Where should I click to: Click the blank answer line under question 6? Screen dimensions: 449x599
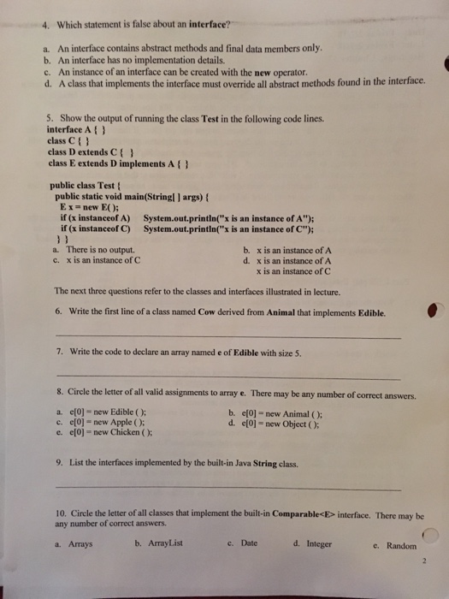[x=227, y=340]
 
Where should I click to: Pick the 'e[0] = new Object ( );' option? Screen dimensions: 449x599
[x=282, y=420]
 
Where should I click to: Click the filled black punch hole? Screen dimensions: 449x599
[x=435, y=314]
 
